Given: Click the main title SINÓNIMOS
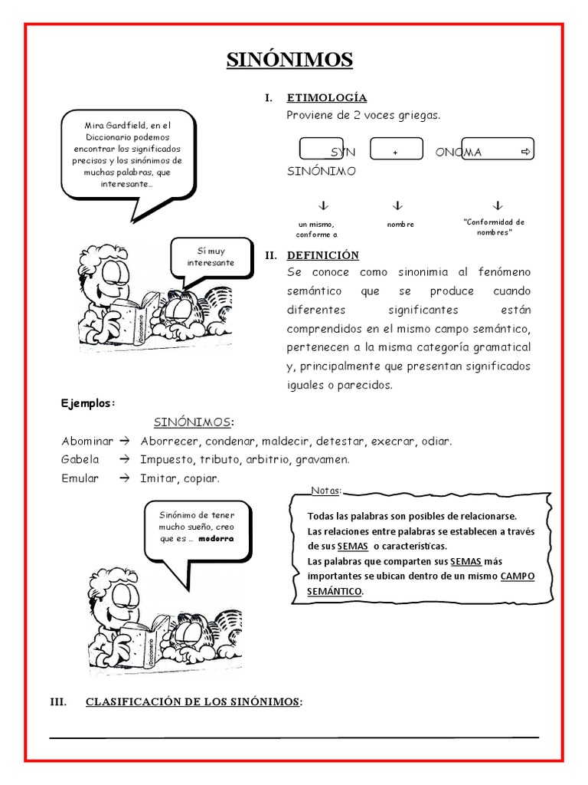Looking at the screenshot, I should (289, 60).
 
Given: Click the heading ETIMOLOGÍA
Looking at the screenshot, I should (326, 98).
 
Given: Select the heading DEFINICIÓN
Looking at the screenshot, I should (322, 255).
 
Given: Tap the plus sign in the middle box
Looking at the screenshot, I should (396, 153).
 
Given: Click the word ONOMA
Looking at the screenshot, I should (459, 153).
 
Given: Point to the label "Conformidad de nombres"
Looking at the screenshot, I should (494, 227).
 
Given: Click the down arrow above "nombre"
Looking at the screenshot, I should (397, 206).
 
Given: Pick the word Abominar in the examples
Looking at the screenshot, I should (87, 442).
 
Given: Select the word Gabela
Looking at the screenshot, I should (80, 460).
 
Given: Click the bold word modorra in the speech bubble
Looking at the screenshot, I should (216, 539).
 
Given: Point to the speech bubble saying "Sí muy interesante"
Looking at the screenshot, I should (211, 258).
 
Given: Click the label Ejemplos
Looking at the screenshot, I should (88, 404).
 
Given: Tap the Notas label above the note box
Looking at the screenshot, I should (325, 491).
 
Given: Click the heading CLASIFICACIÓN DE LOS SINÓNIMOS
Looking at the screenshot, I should (194, 701).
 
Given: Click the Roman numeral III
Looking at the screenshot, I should (60, 701).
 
